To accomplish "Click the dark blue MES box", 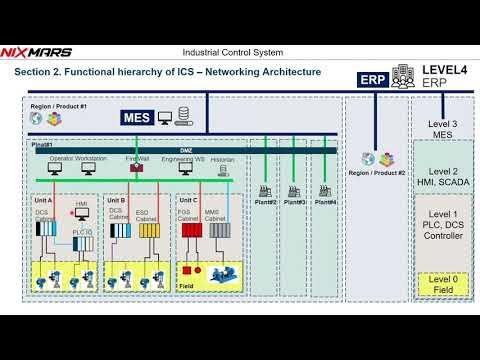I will [x=137, y=117].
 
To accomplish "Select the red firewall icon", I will [x=136, y=167].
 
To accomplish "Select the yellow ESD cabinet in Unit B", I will [x=149, y=233].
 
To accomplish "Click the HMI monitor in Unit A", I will [x=81, y=215].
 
